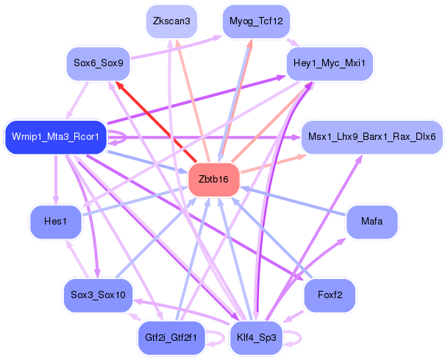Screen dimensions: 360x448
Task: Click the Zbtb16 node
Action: click(x=214, y=179)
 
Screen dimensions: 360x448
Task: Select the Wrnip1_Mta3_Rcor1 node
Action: click(x=56, y=136)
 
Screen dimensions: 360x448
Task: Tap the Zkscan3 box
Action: click(x=171, y=21)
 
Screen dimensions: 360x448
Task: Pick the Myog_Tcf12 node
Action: click(x=255, y=21)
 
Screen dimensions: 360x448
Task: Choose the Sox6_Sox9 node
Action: click(x=98, y=64)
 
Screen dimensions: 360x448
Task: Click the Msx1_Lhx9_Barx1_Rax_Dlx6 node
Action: click(x=371, y=136)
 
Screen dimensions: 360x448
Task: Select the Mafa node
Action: click(x=371, y=221)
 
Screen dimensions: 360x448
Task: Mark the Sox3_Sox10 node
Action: click(x=98, y=295)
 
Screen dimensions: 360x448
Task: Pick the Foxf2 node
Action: click(x=330, y=295)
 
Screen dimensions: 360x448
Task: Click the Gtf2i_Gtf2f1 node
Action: click(x=171, y=338)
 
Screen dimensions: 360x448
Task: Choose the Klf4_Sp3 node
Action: click(x=257, y=338)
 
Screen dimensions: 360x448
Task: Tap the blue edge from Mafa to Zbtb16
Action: click(x=294, y=200)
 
